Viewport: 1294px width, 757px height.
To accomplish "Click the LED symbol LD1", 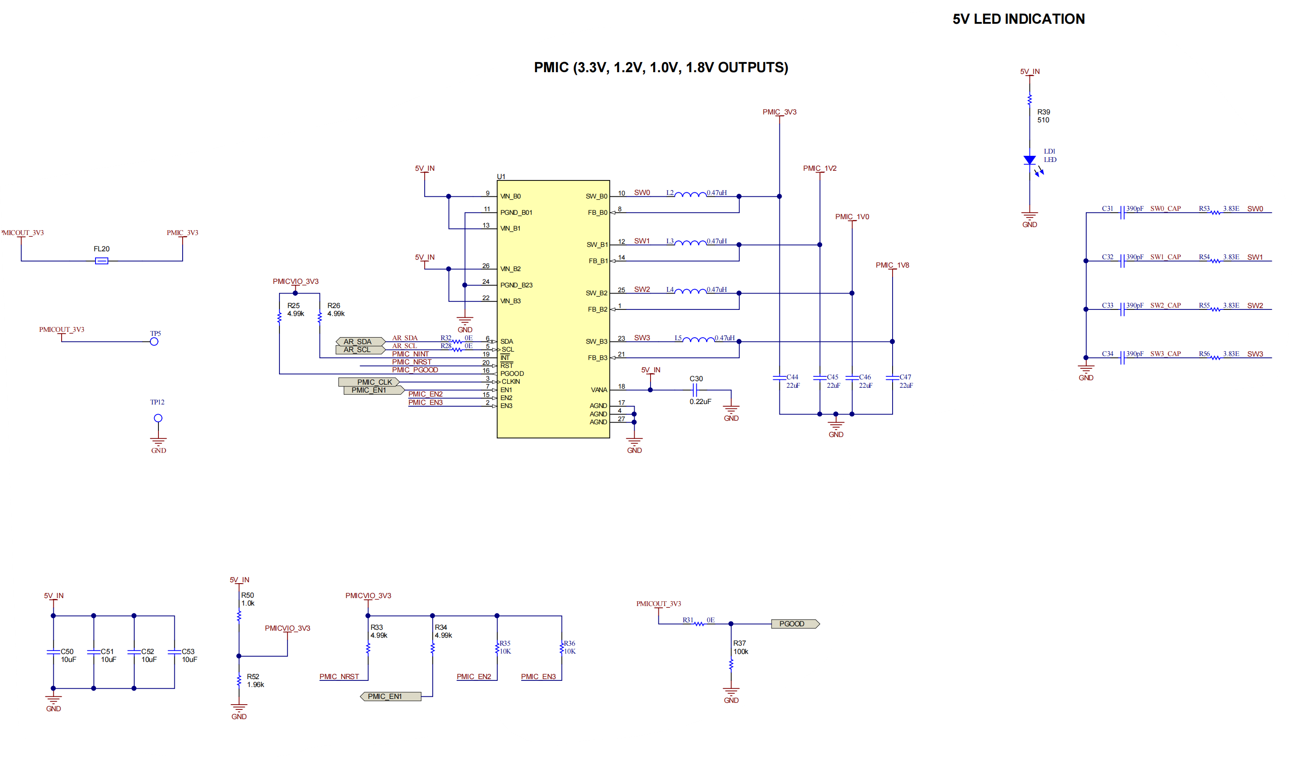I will (1029, 161).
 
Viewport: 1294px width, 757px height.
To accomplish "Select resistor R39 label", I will (1044, 112).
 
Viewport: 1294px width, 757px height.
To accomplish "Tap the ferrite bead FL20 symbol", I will (102, 261).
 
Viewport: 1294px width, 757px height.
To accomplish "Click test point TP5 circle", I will (154, 342).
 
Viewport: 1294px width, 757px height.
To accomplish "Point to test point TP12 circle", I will (158, 418).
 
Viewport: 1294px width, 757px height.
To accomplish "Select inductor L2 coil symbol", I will (690, 195).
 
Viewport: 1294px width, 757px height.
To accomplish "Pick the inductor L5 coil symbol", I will (698, 340).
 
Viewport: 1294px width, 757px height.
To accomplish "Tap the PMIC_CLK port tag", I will (369, 382).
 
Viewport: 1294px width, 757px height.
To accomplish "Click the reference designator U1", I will (501, 176).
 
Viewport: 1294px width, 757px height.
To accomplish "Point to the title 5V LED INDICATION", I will (1018, 19).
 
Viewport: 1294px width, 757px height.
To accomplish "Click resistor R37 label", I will (739, 643).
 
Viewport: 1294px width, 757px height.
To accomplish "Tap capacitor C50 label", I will (67, 651).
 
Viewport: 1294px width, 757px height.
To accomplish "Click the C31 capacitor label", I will (1107, 209).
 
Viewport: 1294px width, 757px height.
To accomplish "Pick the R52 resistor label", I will (253, 676).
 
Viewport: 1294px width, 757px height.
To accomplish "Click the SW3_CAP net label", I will (1165, 354).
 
